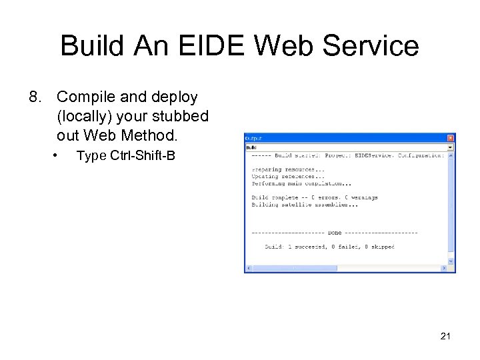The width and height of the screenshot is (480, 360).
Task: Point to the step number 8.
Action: point(34,97)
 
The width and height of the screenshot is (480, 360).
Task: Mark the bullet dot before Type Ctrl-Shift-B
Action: point(57,156)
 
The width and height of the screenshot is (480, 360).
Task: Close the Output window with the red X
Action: point(450,137)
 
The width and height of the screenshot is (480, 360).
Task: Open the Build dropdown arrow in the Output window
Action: point(450,147)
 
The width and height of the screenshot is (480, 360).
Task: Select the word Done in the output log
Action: point(335,233)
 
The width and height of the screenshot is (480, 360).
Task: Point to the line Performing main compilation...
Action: point(301,183)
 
